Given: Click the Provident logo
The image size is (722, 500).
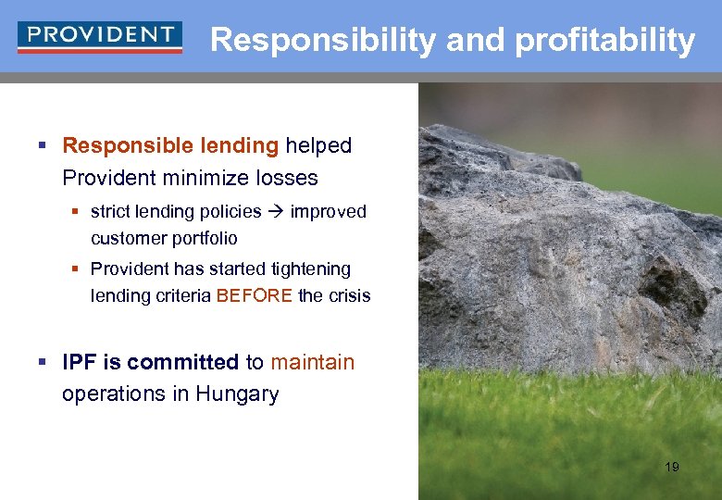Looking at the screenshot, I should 99,38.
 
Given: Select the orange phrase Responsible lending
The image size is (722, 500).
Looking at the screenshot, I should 170,145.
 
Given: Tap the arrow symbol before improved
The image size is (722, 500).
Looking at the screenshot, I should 276,211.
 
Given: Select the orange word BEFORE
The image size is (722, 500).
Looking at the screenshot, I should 255,296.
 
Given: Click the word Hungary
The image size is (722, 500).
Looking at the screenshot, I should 237,394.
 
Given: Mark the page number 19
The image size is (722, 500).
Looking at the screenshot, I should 671,467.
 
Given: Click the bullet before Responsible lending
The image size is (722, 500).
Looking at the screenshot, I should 44,146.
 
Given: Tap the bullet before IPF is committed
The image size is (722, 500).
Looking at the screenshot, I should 44,363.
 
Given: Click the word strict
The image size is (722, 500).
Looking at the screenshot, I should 110,211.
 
